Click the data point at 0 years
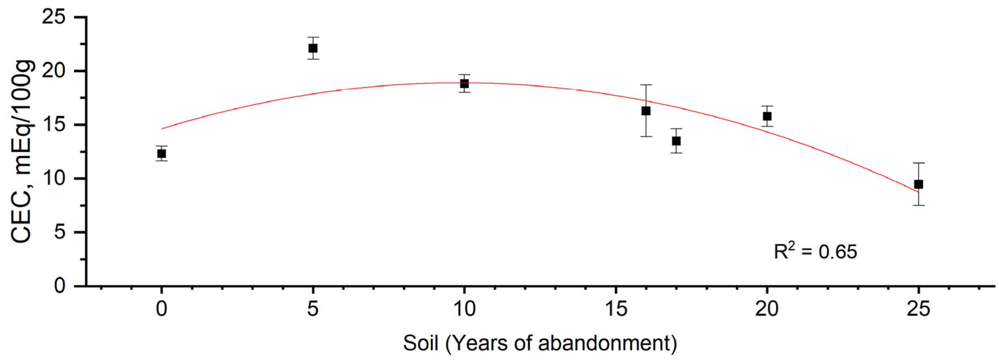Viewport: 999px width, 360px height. click(161, 153)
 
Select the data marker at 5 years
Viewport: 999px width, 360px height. click(313, 48)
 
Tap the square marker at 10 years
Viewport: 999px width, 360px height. click(464, 84)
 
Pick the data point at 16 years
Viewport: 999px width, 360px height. click(646, 111)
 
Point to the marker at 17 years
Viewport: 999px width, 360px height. click(676, 141)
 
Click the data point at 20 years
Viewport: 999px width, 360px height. click(767, 116)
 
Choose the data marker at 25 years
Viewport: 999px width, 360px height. click(918, 184)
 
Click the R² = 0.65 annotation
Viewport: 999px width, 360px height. click(815, 251)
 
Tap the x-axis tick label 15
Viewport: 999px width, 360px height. click(615, 310)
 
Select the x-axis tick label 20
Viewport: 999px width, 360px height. click(767, 310)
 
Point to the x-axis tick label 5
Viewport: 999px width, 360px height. click(313, 310)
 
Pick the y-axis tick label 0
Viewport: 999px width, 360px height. click(60, 286)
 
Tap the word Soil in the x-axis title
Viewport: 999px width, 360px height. click(420, 343)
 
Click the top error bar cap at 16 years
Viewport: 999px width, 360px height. click(646, 85)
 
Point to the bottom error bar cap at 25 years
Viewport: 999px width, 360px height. click(918, 205)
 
